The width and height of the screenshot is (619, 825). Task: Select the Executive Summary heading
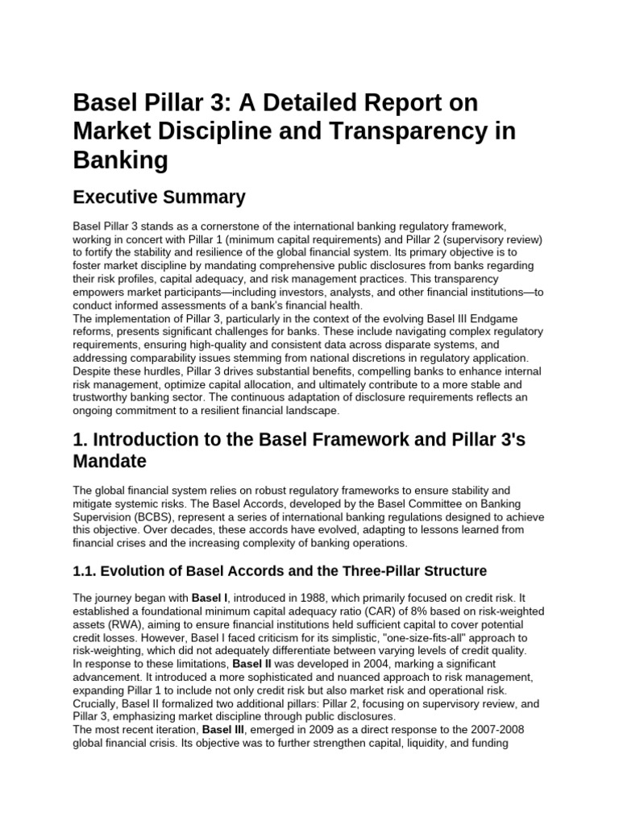(159, 197)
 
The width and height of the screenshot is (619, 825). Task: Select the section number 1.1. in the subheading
(86, 571)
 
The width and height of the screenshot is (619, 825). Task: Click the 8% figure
(413, 611)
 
